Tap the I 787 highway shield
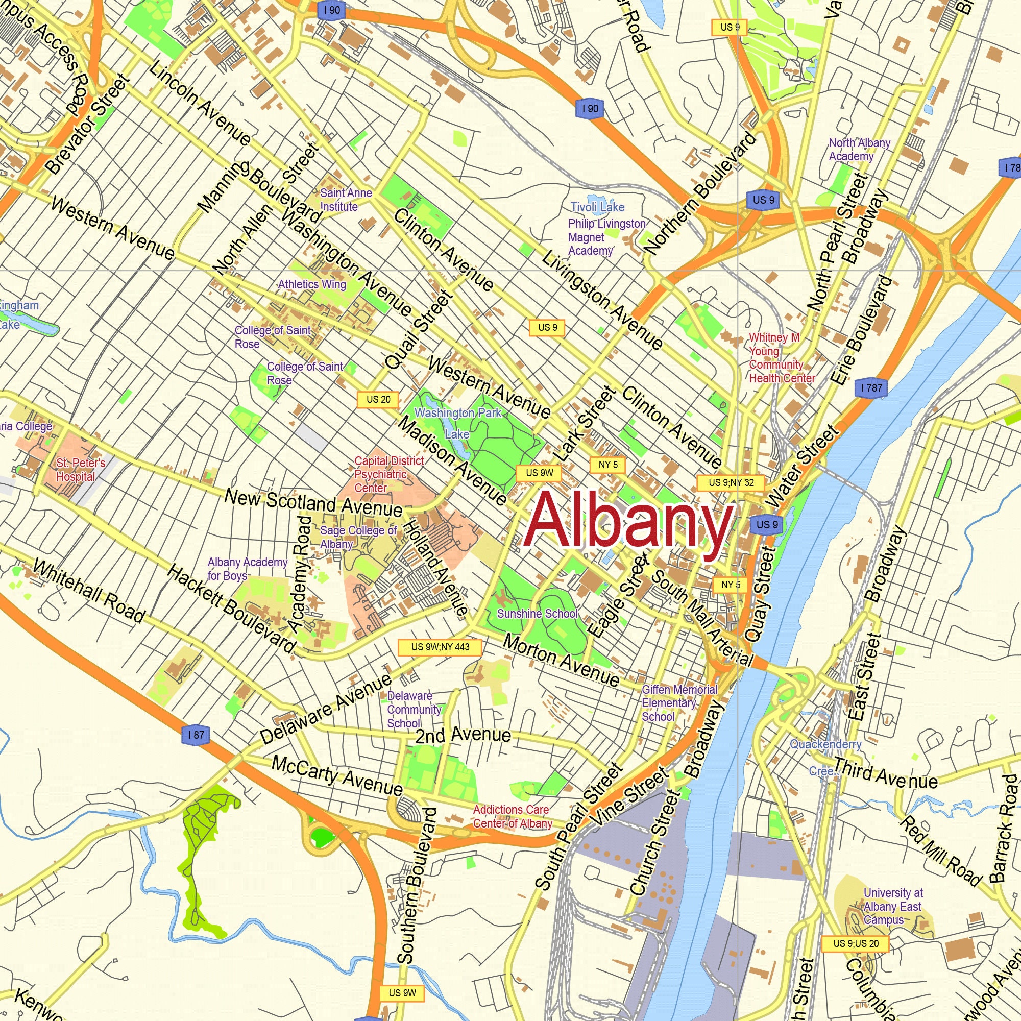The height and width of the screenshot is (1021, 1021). pos(871,388)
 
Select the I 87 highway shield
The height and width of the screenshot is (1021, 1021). pos(196,735)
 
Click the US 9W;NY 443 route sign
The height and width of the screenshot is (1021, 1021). pos(440,647)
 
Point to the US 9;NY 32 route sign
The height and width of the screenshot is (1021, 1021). pos(731,482)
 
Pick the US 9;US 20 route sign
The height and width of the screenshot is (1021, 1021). pos(855,943)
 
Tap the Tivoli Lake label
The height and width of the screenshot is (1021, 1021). pos(597,207)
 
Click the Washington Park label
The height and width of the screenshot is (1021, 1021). pos(457,412)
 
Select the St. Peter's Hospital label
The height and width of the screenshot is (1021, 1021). pos(80,470)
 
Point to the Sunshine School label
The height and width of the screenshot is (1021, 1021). pos(538,614)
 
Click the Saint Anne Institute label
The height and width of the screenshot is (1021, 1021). pos(346,200)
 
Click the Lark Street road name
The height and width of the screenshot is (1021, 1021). pos(585,423)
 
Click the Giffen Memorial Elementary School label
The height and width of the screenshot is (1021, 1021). pos(678,703)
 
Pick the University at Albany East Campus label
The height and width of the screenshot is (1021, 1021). pos(892,906)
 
